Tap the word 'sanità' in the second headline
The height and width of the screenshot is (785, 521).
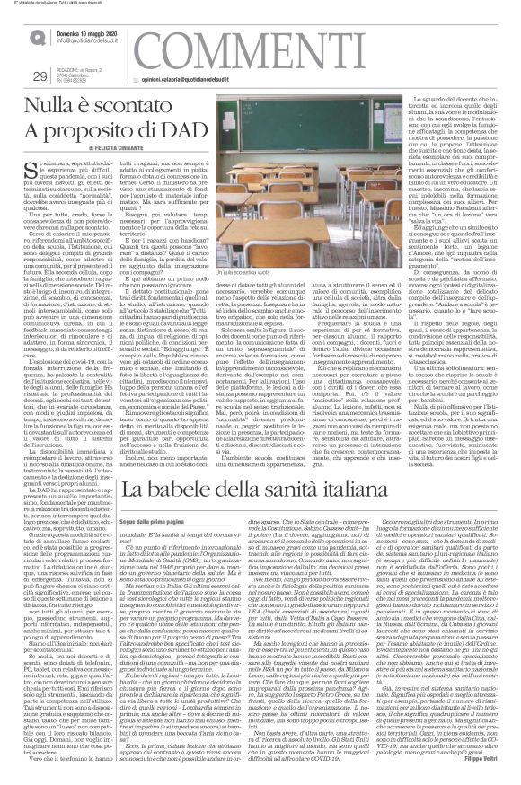pyautogui.click(x=325, y=491)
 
